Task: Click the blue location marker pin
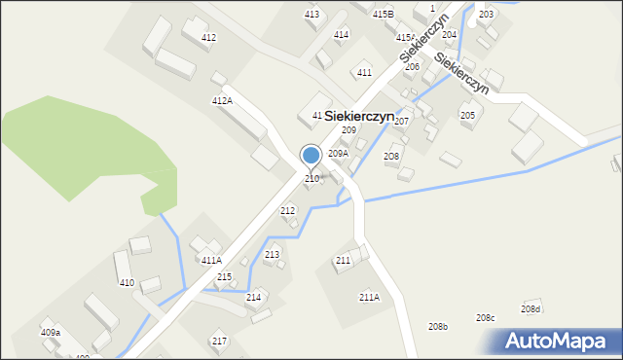click(x=311, y=156)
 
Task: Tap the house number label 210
click(x=311, y=179)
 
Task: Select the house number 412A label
click(x=222, y=101)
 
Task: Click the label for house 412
click(x=208, y=37)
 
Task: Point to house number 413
click(x=311, y=15)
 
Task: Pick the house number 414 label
click(x=341, y=35)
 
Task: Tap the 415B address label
click(x=383, y=15)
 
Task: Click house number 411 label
click(x=364, y=73)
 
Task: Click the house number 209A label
click(x=338, y=154)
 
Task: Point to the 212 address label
click(x=288, y=211)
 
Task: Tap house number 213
click(x=272, y=255)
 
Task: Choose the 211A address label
click(x=369, y=298)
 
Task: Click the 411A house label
click(x=211, y=261)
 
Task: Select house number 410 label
click(x=127, y=283)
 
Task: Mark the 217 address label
click(x=219, y=342)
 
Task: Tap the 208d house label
click(x=531, y=309)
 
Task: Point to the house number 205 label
click(x=467, y=116)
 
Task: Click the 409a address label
click(x=51, y=333)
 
